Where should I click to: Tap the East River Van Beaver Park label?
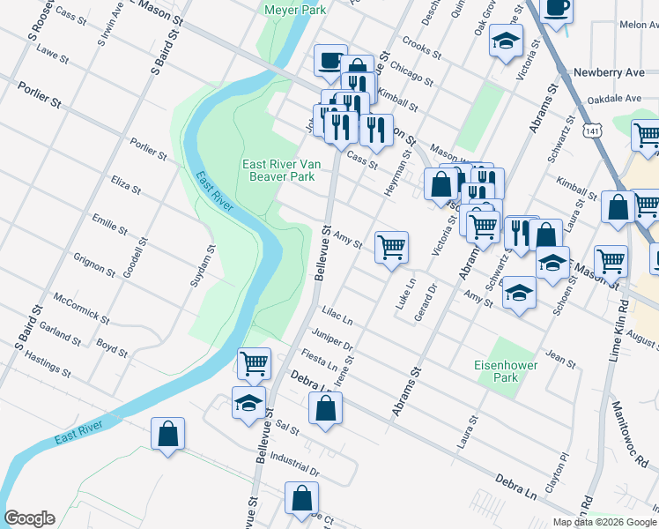point(278,170)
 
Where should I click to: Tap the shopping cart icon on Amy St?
point(391,247)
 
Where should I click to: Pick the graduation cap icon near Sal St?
point(248,403)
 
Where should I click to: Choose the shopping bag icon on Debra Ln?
point(325,408)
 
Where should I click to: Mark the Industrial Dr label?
point(295,458)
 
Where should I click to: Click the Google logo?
point(29,518)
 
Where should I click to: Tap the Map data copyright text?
point(604,522)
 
